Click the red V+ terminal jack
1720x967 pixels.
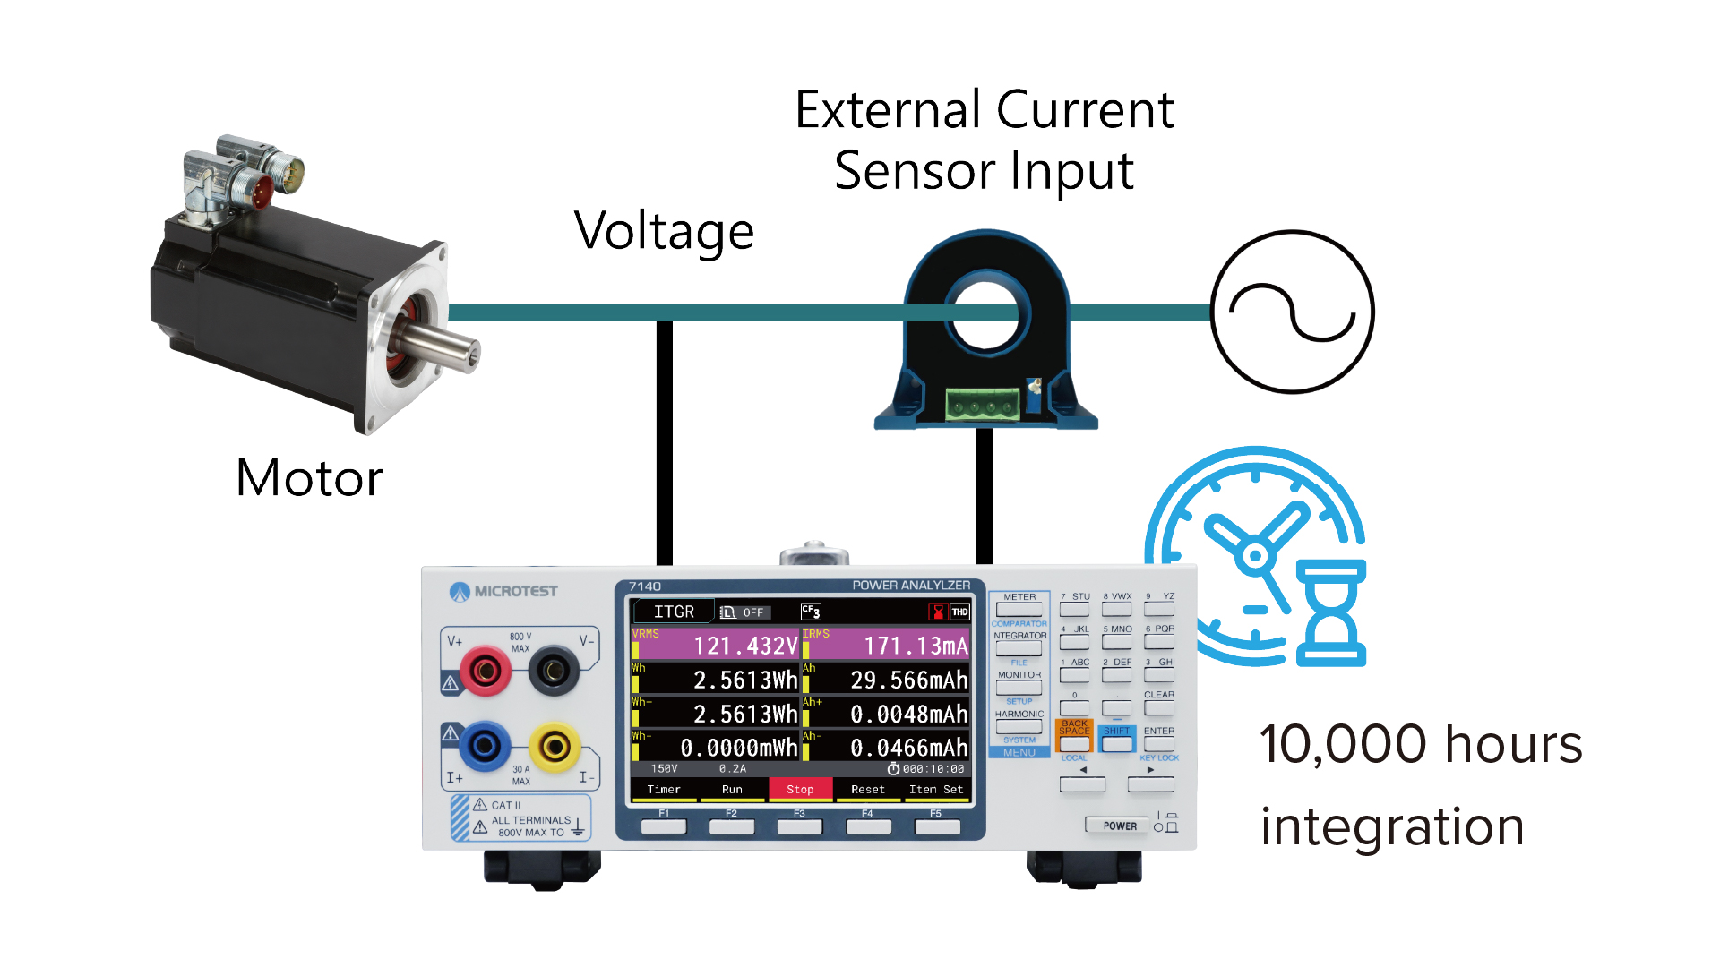point(485,669)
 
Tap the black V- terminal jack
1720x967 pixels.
point(554,669)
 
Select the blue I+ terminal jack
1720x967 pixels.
point(485,745)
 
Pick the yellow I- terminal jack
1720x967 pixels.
point(555,746)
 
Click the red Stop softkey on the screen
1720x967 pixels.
point(800,789)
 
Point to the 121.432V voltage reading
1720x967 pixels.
point(744,646)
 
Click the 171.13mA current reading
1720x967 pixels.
point(915,646)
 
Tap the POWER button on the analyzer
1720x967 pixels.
point(1120,826)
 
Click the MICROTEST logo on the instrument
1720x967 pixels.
point(503,591)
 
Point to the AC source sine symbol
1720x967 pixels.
point(1292,312)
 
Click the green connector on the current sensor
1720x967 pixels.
point(984,405)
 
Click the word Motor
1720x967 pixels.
point(309,477)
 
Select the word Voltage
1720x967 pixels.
point(664,231)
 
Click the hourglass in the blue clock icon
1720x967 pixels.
point(1331,613)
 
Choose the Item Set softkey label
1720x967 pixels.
point(935,789)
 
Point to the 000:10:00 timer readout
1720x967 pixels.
point(933,768)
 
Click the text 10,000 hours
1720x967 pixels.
point(1420,744)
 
